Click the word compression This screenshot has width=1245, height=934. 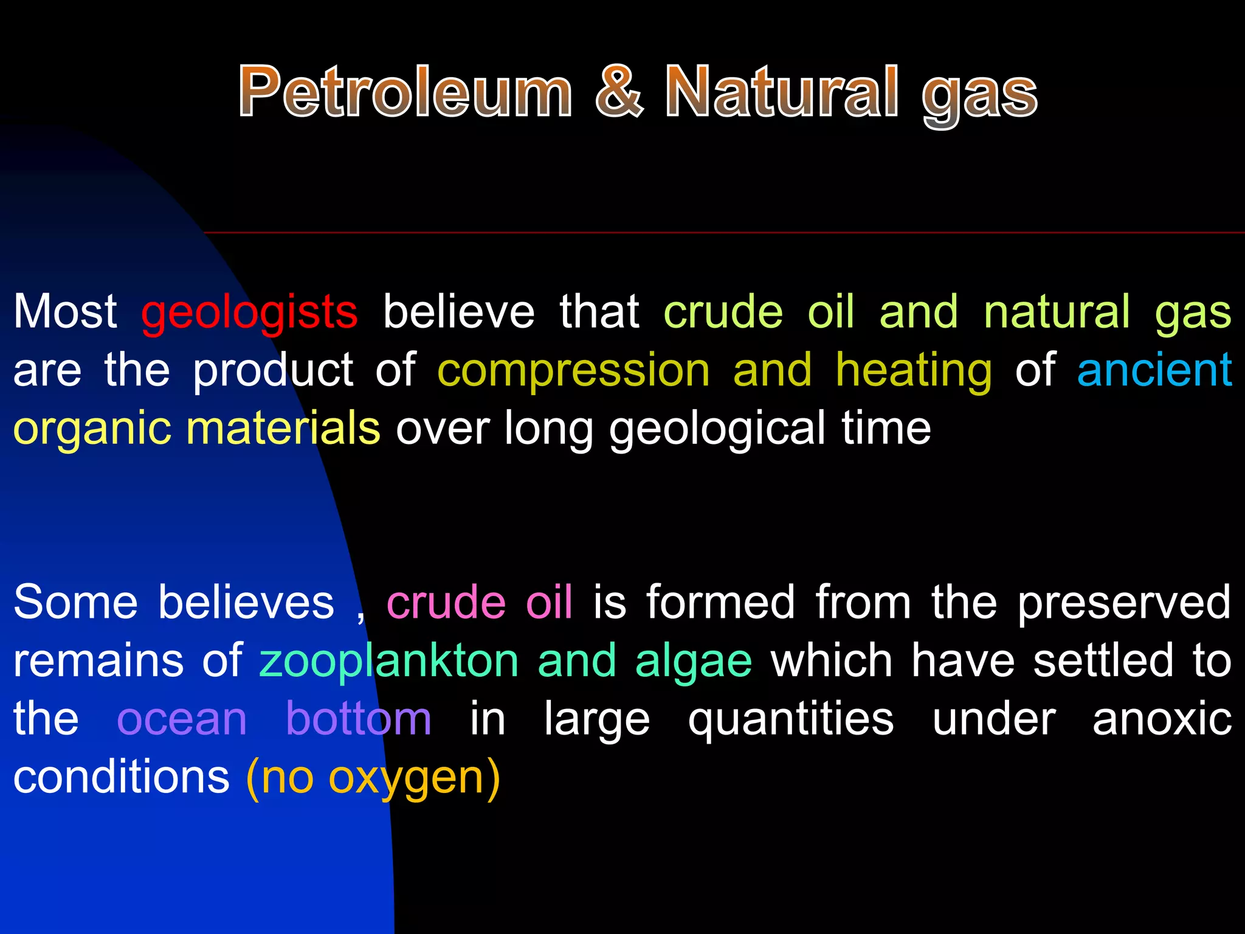573,371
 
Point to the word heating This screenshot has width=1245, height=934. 914,371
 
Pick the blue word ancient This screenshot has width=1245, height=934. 1154,370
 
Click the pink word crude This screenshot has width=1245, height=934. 446,602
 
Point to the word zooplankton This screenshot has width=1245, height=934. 389,662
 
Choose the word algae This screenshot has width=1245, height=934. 694,662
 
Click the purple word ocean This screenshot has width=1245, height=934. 182,719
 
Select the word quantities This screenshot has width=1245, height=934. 791,719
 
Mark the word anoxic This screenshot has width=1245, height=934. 1162,719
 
